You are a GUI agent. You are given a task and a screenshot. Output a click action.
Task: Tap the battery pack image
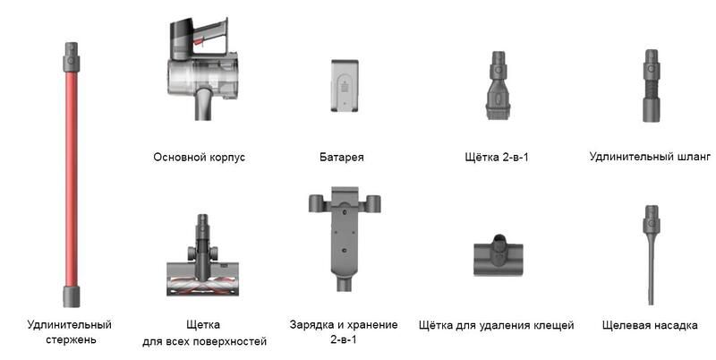tap(345, 86)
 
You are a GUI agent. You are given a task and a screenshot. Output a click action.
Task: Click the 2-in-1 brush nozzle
tap(498, 85)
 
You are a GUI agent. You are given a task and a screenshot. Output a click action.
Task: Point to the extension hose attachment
tap(652, 85)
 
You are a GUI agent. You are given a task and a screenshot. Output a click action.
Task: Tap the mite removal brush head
tap(499, 255)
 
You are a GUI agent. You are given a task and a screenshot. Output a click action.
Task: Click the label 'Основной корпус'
tap(199, 157)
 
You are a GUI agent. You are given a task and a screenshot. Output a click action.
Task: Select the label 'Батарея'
tap(342, 157)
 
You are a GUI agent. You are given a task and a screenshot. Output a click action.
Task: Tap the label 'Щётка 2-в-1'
tap(497, 157)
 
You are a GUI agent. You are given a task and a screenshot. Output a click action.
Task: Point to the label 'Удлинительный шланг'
tap(650, 157)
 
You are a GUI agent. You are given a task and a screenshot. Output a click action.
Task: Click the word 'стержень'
tap(71, 340)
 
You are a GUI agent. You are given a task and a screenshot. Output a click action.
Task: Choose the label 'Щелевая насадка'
tap(650, 325)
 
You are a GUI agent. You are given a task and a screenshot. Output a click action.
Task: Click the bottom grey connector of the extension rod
tap(72, 296)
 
